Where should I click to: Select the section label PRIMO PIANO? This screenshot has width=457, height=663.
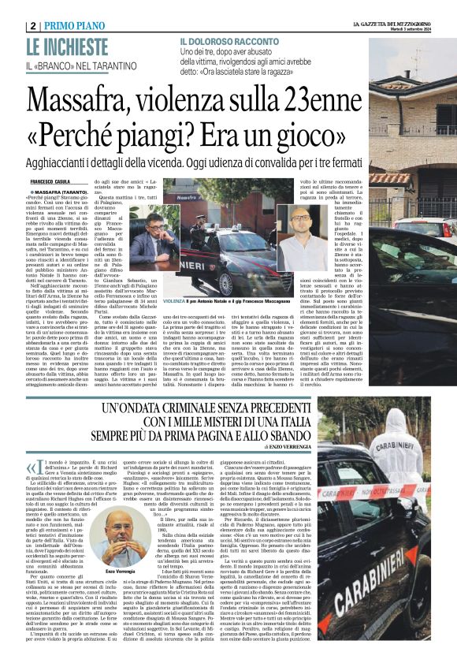(x=76, y=25)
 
